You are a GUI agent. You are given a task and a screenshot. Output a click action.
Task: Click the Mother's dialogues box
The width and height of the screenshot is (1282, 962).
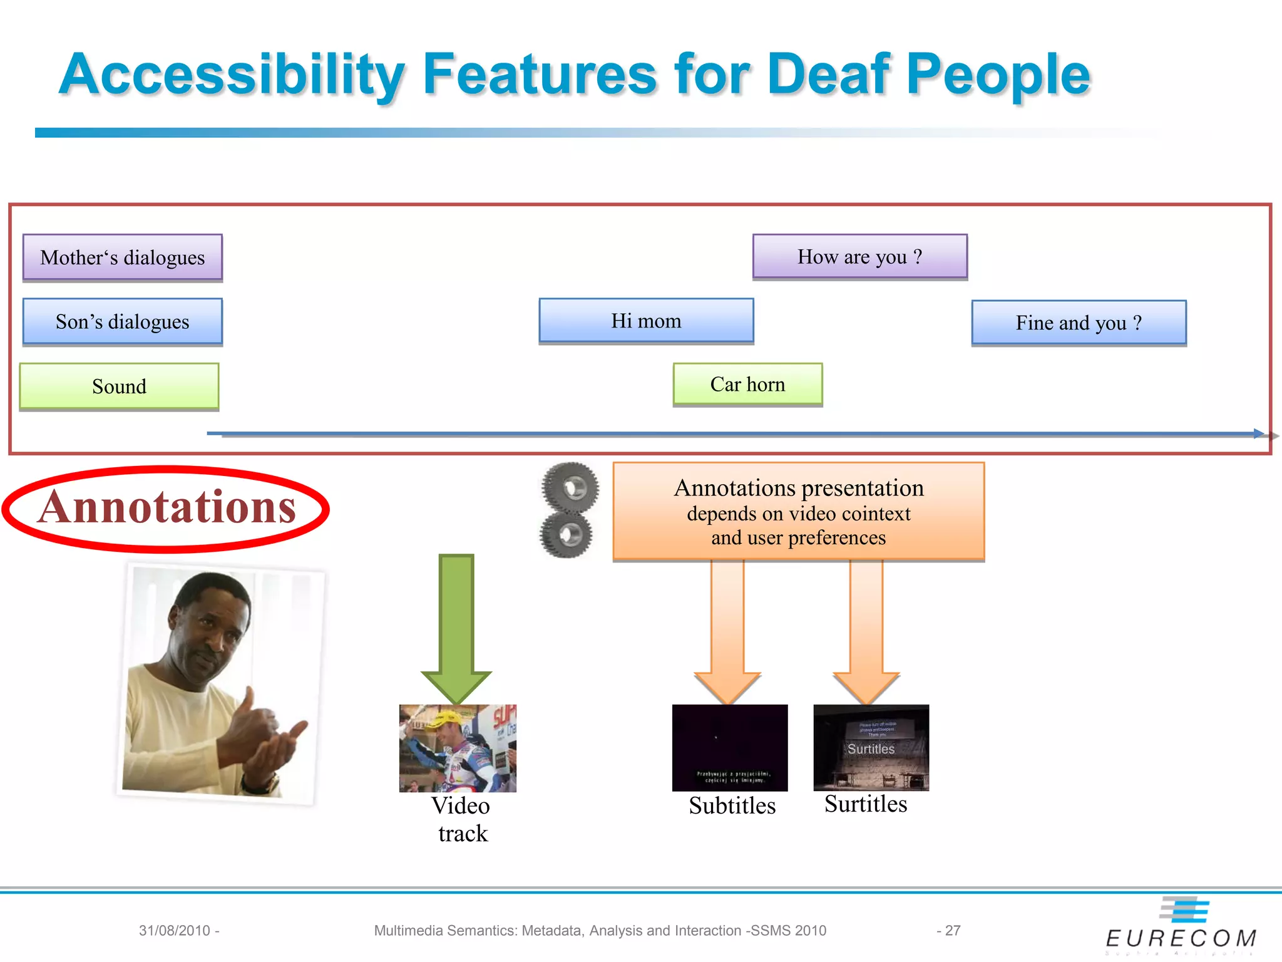coord(123,257)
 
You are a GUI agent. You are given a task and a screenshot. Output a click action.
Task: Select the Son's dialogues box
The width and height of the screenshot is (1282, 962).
coord(123,322)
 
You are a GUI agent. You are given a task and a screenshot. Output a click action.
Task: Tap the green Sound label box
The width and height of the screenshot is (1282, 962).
coord(119,386)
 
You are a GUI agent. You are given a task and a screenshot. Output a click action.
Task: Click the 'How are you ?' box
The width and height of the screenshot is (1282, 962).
coord(859,257)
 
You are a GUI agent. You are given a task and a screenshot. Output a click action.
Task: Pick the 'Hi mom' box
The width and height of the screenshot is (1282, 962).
coord(646,321)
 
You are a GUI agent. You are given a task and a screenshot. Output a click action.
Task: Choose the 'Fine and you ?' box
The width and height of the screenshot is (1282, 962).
coord(1079,323)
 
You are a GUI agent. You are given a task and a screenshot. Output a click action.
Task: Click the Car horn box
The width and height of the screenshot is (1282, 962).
coord(747,385)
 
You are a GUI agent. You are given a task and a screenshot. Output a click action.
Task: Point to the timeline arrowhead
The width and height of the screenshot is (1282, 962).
coord(1258,433)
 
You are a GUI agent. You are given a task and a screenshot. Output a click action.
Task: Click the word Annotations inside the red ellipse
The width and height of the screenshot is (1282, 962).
coord(167,507)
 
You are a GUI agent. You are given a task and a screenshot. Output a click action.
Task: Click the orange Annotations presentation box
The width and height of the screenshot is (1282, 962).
coord(798,511)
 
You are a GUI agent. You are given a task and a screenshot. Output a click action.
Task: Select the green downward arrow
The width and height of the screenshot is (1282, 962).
coord(456,626)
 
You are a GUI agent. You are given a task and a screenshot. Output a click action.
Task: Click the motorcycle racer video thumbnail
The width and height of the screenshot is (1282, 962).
coord(458,748)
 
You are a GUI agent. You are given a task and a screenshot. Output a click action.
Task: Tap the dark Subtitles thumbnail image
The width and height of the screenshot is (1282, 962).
coord(730,748)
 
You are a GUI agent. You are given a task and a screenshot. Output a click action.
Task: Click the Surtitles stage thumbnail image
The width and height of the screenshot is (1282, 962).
coord(871,748)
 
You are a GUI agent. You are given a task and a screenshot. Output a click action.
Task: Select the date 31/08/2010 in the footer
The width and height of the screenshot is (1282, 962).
coord(175,931)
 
